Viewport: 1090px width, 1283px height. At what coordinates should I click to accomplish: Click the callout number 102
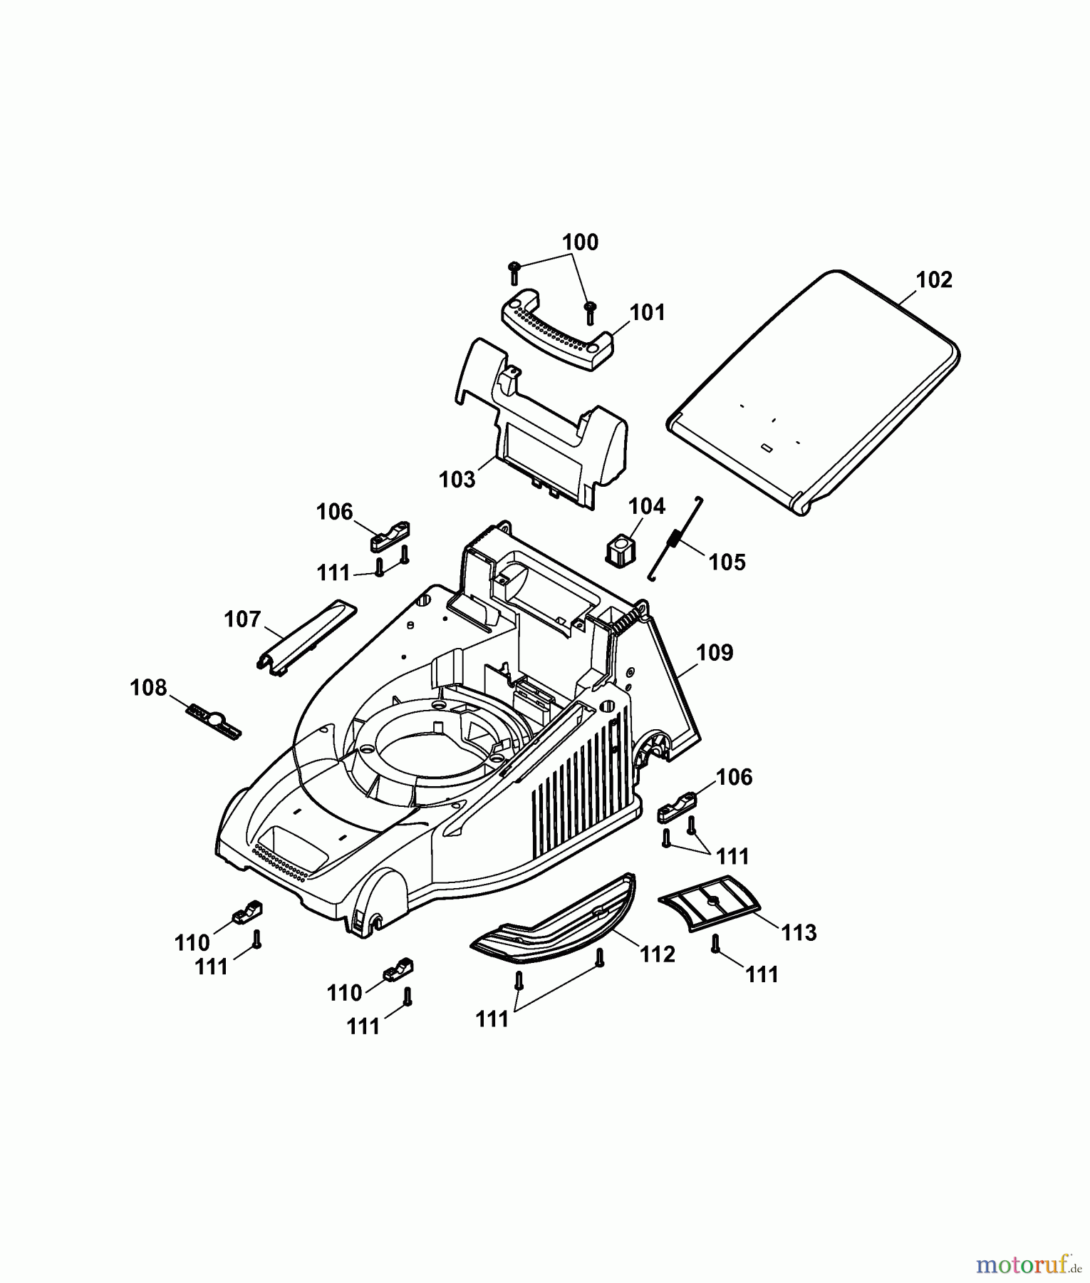click(x=934, y=280)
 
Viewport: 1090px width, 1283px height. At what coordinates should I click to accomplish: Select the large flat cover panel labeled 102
click(x=813, y=391)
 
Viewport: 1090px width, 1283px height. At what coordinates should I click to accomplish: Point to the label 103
click(x=457, y=479)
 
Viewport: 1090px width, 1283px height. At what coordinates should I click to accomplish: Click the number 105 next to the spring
click(x=727, y=562)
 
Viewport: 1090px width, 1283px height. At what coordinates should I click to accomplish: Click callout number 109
click(x=715, y=653)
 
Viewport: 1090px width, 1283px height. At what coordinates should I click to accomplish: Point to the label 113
click(x=798, y=932)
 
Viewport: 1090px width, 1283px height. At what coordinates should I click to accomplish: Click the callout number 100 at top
click(x=580, y=242)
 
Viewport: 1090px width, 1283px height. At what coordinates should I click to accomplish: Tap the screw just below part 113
click(x=715, y=944)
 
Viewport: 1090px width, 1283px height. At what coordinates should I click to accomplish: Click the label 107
click(x=242, y=619)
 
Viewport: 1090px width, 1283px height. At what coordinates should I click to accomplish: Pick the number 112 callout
click(x=657, y=954)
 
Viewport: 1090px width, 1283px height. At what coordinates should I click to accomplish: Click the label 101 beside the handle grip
click(x=647, y=312)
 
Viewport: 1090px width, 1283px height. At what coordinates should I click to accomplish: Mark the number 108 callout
click(x=148, y=688)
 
